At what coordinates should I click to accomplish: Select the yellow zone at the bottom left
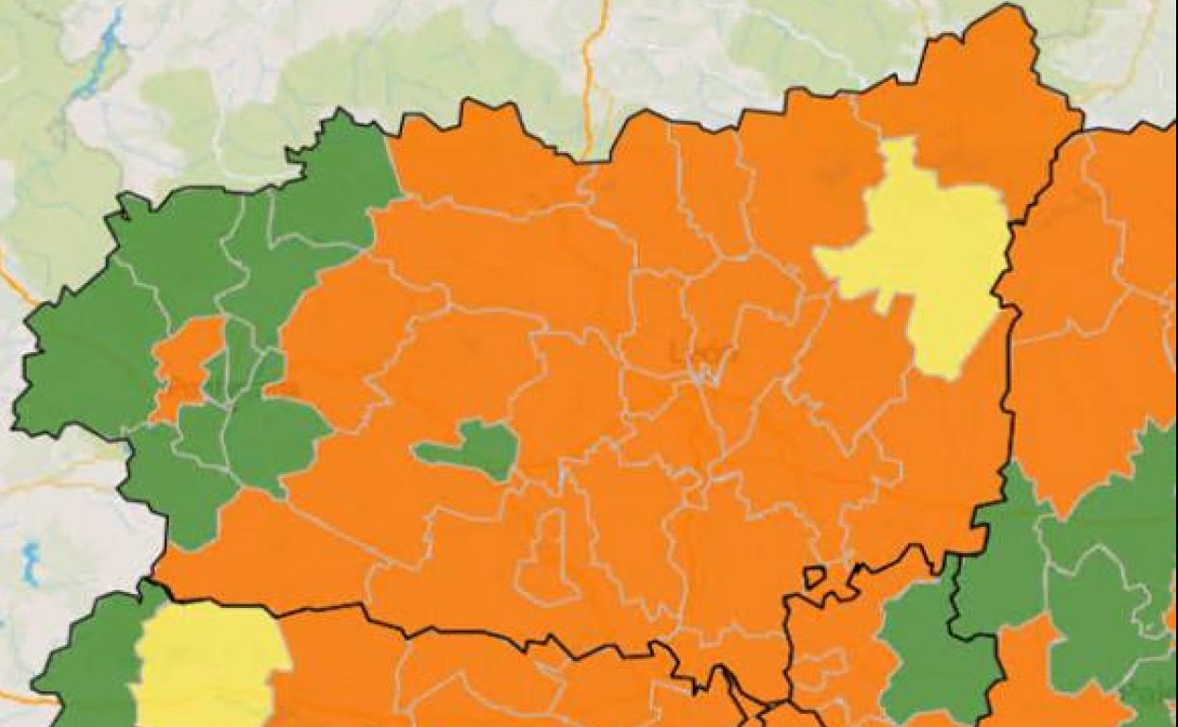point(208,661)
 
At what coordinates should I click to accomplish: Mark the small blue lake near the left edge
point(31,563)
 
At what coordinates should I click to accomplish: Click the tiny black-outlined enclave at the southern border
point(813,575)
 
